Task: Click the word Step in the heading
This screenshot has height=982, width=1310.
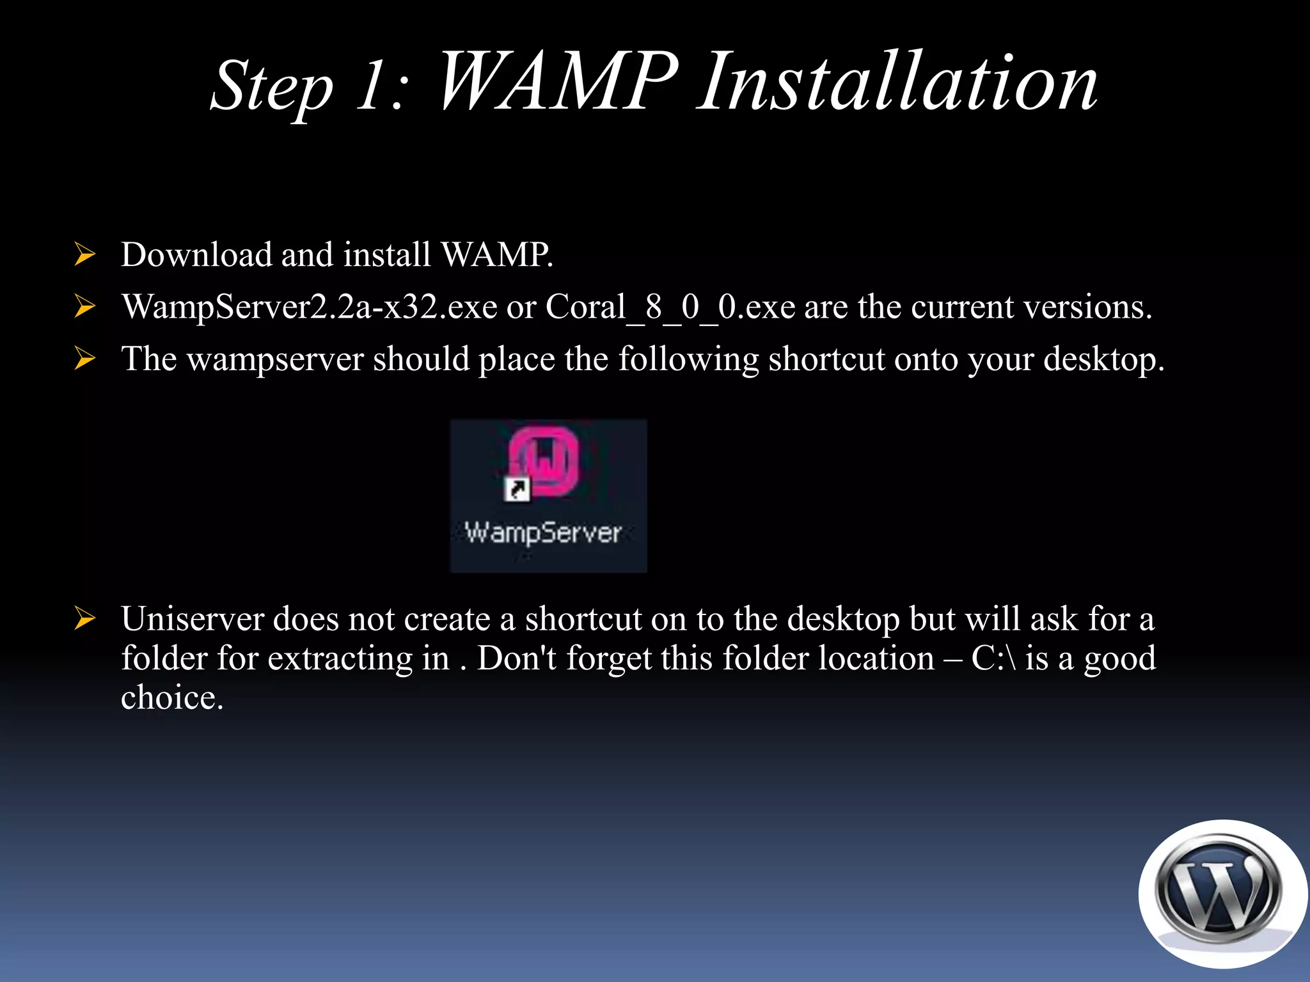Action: point(272,87)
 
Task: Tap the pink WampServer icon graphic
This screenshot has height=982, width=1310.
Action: point(544,460)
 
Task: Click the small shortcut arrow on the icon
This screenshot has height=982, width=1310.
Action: point(516,490)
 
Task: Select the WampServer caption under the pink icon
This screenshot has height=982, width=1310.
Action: point(543,533)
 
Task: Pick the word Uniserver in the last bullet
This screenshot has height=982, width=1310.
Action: point(192,619)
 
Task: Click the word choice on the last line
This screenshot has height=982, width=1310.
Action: point(171,698)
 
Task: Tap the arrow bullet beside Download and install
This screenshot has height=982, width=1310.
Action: point(84,254)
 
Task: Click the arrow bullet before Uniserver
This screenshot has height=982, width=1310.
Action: point(84,619)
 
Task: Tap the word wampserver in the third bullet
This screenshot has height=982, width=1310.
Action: point(275,359)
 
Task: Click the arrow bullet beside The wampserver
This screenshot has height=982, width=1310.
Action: point(84,359)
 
